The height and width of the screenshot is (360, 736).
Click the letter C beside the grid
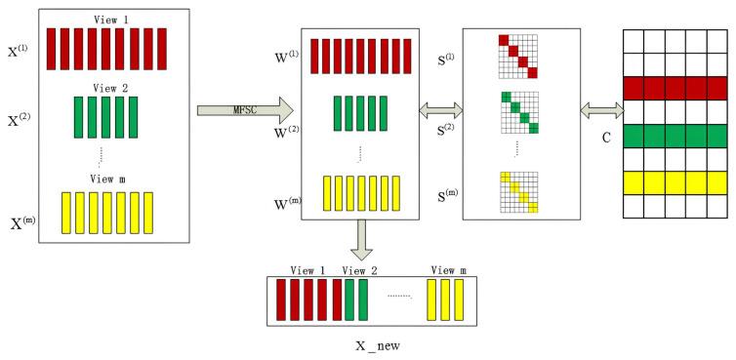(606, 139)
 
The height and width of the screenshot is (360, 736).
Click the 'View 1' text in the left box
(98, 20)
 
